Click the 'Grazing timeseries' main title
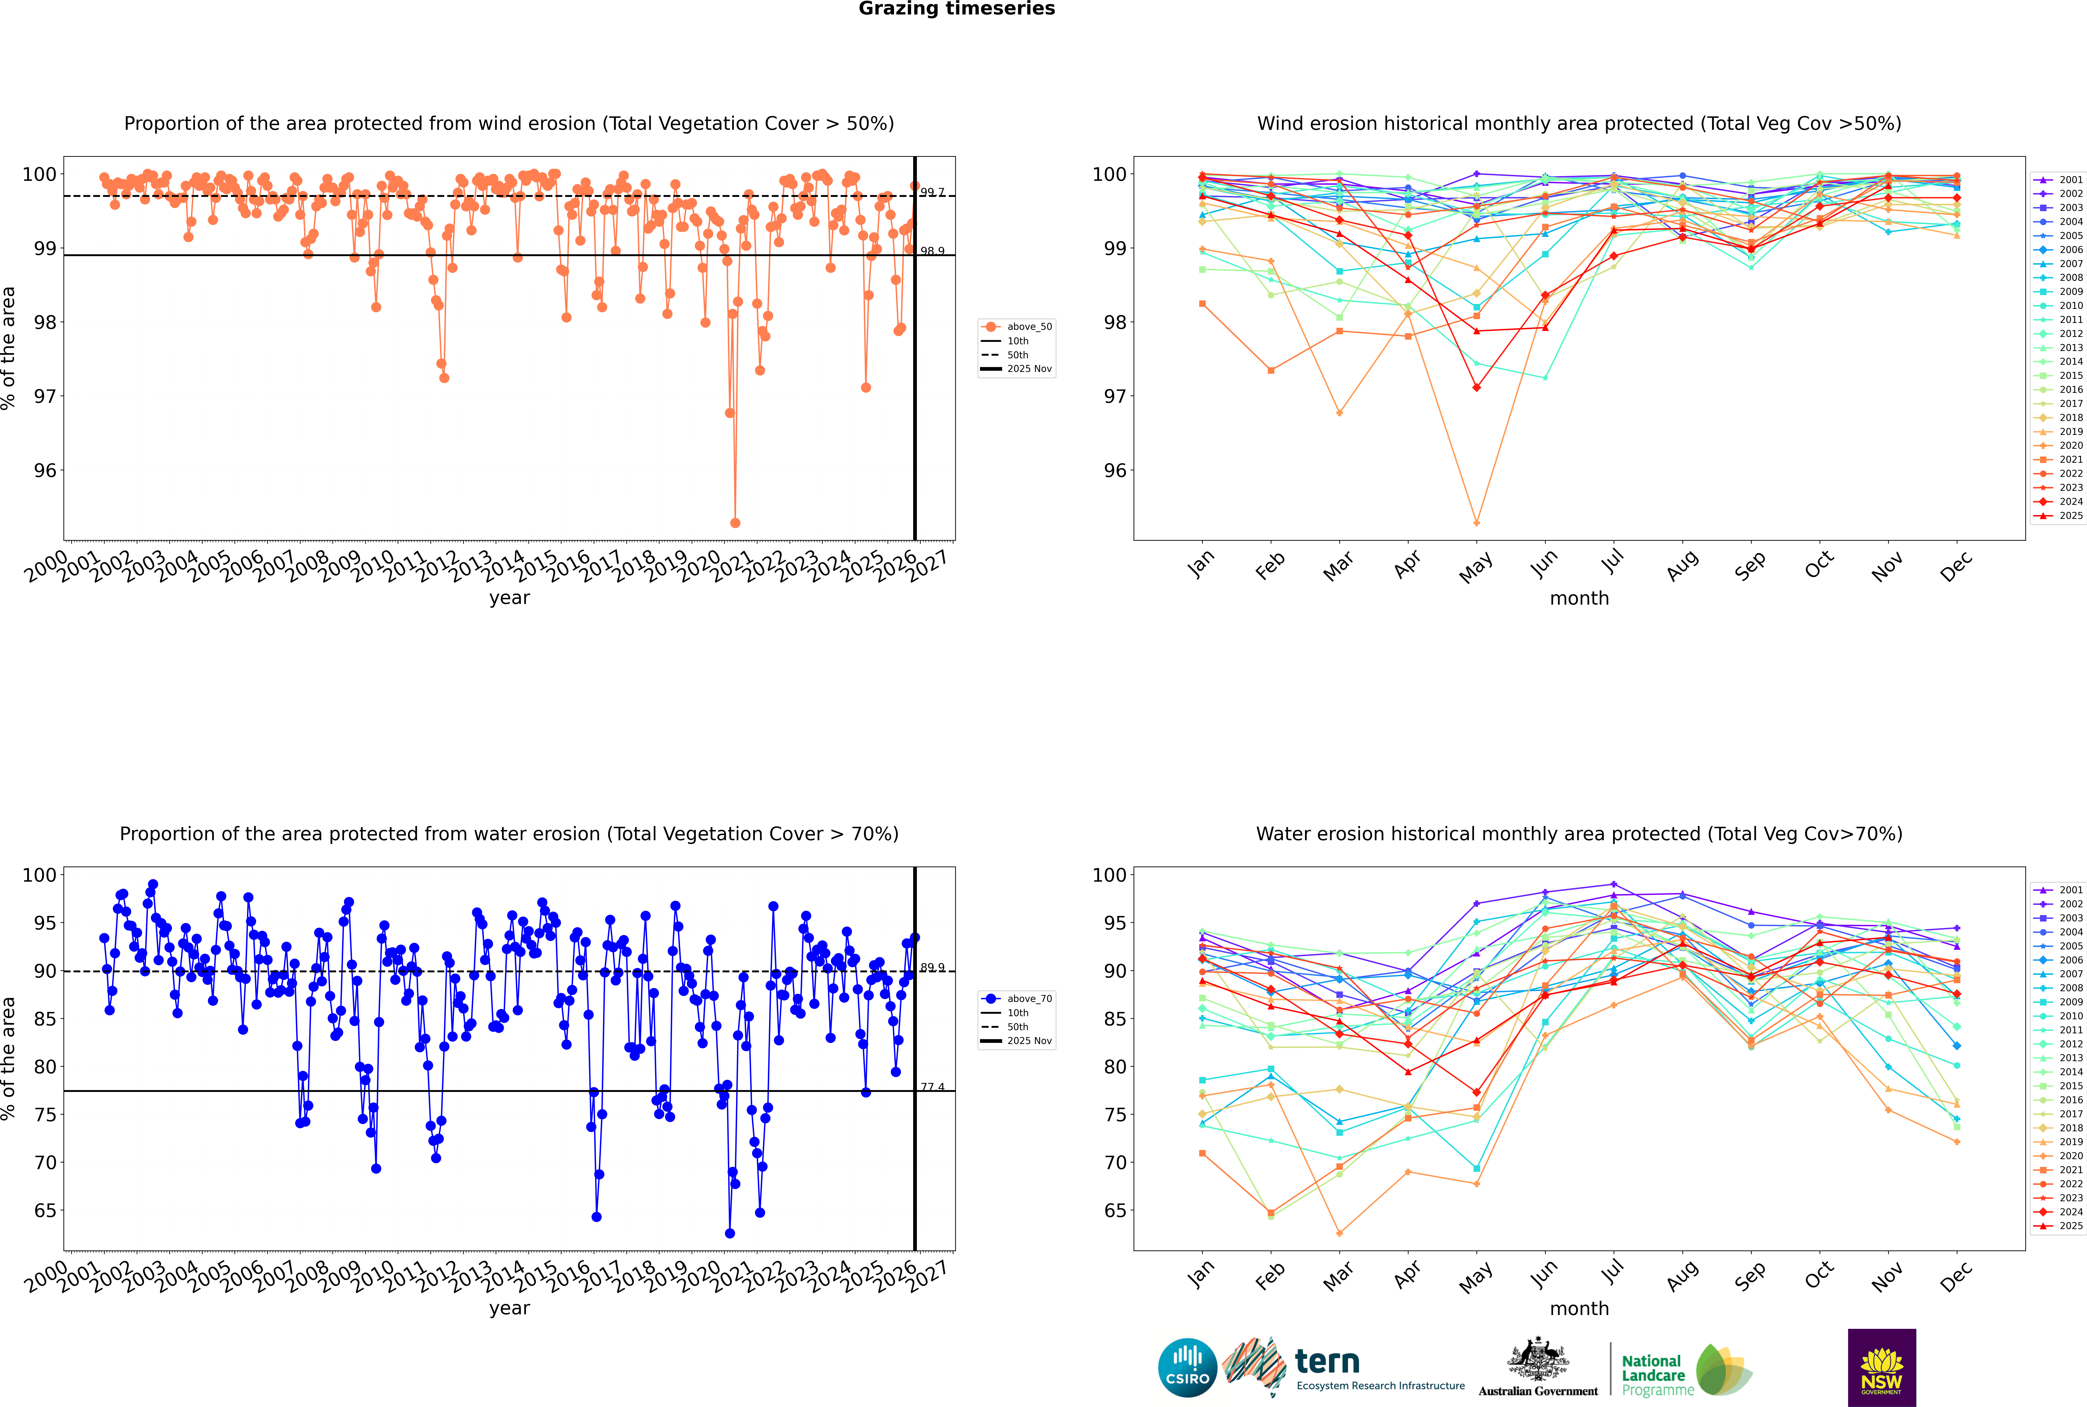(957, 9)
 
